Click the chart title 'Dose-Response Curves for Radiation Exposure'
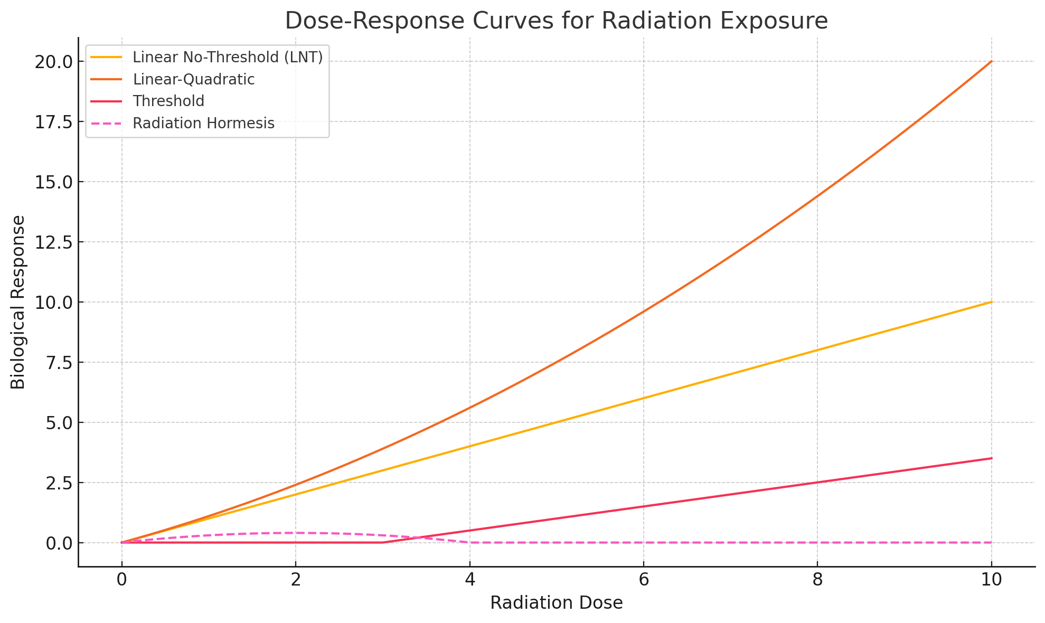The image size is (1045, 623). (x=556, y=21)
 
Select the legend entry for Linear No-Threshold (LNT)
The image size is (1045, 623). (x=228, y=57)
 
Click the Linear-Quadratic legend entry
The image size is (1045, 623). (x=194, y=79)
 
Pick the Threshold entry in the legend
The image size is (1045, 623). (x=168, y=101)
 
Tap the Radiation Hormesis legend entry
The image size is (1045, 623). (x=203, y=123)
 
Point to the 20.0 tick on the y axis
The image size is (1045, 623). (x=52, y=62)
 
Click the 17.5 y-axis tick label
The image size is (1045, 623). (x=52, y=122)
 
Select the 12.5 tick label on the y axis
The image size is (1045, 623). (x=52, y=242)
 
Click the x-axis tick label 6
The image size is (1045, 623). (x=643, y=580)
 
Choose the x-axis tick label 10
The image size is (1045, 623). (x=991, y=580)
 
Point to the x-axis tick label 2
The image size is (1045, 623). (x=296, y=580)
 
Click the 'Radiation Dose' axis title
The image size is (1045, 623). (x=556, y=603)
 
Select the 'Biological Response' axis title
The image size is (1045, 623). (x=18, y=302)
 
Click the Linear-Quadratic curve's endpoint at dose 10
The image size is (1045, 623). (x=991, y=61)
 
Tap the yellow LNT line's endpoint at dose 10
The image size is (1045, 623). (x=991, y=302)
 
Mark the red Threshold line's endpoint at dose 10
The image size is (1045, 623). (x=991, y=458)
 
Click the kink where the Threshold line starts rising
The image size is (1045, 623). (x=382, y=542)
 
